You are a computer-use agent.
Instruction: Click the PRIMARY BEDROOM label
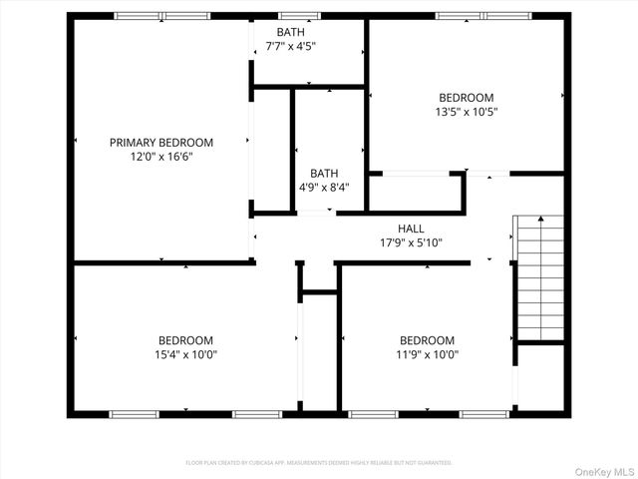160,143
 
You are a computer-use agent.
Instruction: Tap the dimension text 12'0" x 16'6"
160,157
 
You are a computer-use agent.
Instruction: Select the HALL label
412,229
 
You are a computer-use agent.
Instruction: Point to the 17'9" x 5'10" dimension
412,242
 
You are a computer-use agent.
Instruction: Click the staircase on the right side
538,277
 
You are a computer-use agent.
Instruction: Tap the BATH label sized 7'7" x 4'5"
291,32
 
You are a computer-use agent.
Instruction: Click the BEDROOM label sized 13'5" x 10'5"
467,98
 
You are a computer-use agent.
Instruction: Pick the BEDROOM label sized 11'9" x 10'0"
427,340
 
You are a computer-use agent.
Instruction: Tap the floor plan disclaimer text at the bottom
319,463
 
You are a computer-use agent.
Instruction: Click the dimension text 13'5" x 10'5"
467,112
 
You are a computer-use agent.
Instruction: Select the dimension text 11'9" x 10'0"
427,354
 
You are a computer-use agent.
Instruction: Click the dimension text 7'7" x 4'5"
291,46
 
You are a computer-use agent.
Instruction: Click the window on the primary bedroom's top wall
162,16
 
